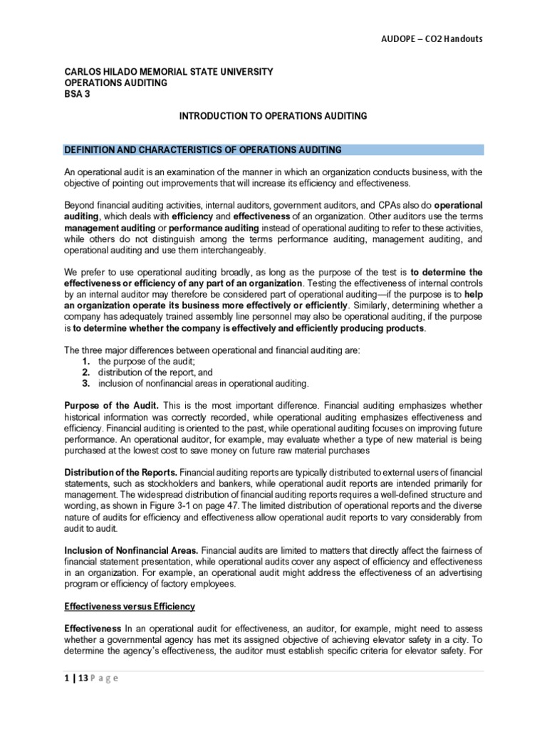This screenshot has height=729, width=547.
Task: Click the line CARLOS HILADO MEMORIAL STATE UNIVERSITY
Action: [168, 72]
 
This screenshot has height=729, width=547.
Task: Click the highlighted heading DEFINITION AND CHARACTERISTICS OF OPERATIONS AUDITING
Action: [203, 150]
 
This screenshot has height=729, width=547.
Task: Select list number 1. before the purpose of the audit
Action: [85, 361]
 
